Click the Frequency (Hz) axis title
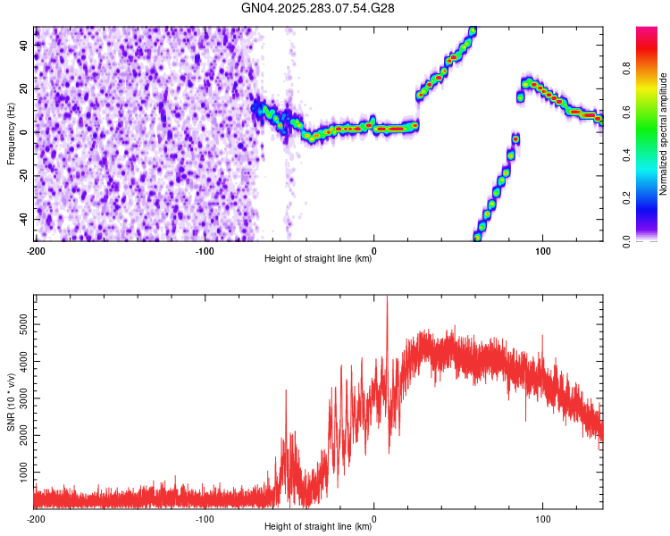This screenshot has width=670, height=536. [x=11, y=134]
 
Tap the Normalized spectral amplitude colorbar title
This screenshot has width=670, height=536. [x=664, y=134]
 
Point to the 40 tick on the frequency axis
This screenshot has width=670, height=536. [x=25, y=44]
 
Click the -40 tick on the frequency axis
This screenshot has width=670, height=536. [x=23, y=219]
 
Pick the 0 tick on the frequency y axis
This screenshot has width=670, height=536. [x=28, y=131]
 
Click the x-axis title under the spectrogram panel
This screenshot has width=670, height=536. [x=318, y=259]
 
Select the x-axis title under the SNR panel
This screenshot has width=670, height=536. [x=318, y=527]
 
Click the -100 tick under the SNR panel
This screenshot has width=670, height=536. [x=205, y=518]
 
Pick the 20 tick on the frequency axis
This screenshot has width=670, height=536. [x=25, y=88]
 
